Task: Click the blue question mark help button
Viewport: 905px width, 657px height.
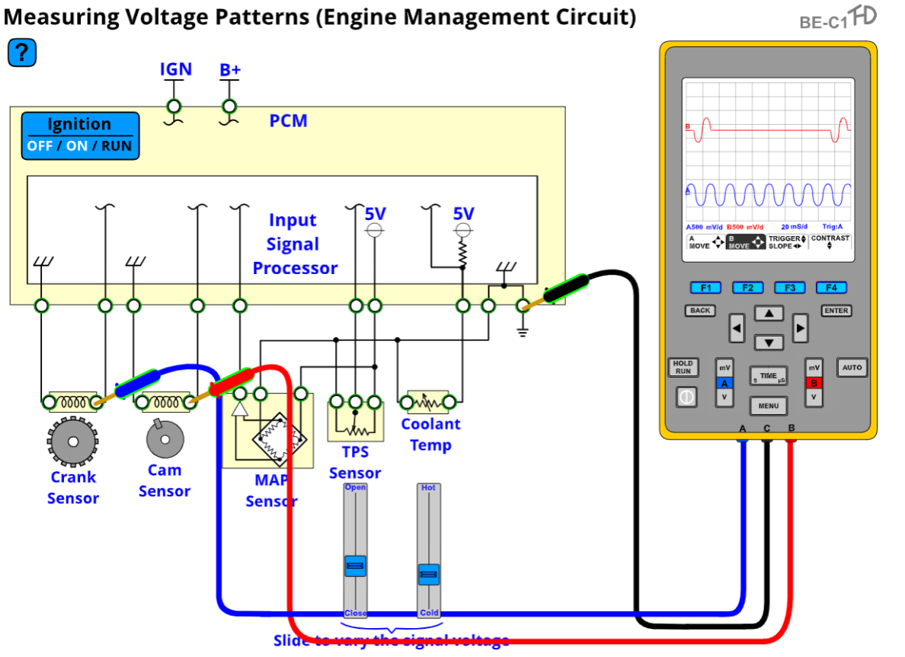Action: point(22,53)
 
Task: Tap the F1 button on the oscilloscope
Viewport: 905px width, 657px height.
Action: point(705,288)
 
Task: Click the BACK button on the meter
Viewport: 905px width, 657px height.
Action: point(700,311)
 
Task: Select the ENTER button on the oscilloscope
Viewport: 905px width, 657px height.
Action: point(836,311)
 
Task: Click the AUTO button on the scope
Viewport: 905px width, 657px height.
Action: point(852,368)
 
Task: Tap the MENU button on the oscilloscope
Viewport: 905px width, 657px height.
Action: point(768,406)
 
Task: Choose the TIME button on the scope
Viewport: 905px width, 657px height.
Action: point(768,375)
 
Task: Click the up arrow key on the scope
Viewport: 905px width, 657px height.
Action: point(769,314)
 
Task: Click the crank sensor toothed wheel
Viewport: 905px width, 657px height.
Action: point(72,441)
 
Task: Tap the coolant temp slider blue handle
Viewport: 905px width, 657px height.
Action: point(429,574)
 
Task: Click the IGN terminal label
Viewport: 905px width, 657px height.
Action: point(175,69)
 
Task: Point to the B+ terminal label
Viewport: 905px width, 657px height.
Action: point(230,70)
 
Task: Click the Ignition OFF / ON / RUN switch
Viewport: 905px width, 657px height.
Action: point(80,136)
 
